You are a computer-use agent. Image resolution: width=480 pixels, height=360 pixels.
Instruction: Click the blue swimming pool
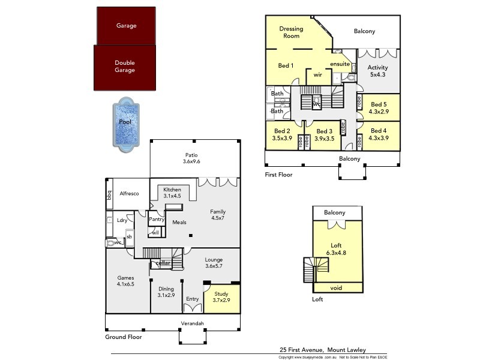[x=125, y=122]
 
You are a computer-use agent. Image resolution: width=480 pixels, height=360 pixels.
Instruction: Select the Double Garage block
[x=125, y=67]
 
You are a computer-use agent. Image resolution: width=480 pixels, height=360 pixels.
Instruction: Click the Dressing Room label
[x=292, y=32]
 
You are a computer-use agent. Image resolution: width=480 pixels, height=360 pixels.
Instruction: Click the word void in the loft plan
[x=336, y=288]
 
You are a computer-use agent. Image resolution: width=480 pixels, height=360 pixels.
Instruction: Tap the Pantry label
[x=157, y=220]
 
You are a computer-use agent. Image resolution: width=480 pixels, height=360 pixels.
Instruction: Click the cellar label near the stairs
[x=163, y=263]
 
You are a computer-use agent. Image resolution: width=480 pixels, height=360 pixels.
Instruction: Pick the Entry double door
[x=193, y=308]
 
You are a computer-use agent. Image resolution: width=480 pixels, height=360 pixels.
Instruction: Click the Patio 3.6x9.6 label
[x=191, y=158]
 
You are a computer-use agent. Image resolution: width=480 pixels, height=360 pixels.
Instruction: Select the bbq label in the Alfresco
[x=110, y=194]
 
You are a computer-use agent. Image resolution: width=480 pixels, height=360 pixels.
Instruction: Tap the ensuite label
[x=340, y=64]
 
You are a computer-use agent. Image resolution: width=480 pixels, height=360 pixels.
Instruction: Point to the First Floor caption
[x=279, y=175]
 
